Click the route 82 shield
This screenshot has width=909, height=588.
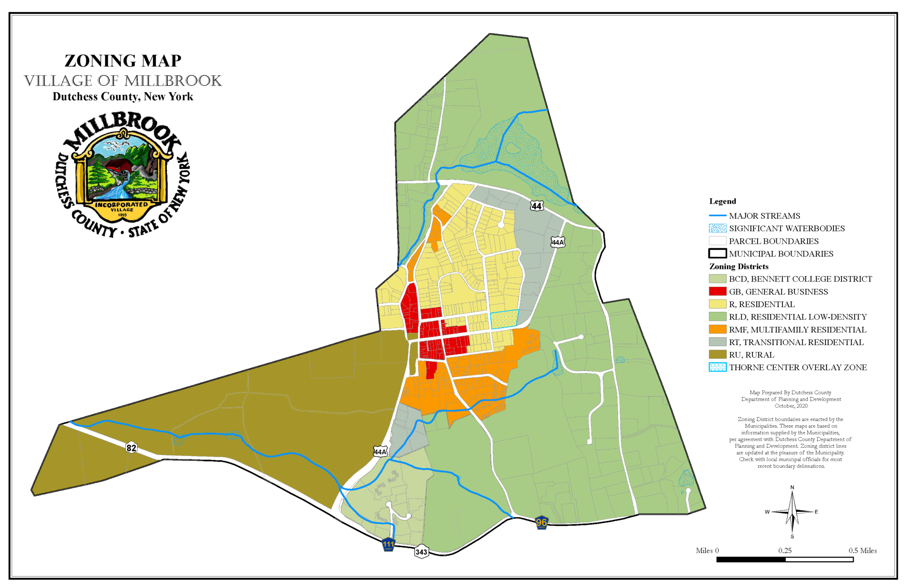[131, 448]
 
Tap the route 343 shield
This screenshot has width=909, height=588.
[421, 552]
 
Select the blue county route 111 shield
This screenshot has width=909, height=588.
[388, 544]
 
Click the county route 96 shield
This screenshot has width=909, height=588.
[541, 523]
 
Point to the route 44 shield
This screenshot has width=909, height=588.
[537, 206]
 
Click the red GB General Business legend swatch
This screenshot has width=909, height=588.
[717, 292]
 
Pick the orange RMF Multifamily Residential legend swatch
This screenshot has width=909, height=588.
[717, 330]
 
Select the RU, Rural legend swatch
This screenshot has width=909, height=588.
[717, 355]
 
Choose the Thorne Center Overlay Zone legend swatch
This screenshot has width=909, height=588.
[717, 367]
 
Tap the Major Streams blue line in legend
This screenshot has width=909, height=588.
[717, 216]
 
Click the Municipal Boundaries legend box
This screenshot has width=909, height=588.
[717, 254]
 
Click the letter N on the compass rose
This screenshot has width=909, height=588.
[792, 487]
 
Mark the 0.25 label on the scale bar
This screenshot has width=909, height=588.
[785, 551]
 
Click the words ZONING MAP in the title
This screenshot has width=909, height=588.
[123, 61]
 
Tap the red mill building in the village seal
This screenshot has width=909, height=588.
[119, 166]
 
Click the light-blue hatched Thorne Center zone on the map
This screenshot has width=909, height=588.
[504, 319]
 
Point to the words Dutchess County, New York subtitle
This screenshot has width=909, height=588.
[123, 97]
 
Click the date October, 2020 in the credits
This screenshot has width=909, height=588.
[791, 406]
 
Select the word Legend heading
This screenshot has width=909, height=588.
[723, 201]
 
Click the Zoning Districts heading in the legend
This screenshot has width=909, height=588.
[739, 267]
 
